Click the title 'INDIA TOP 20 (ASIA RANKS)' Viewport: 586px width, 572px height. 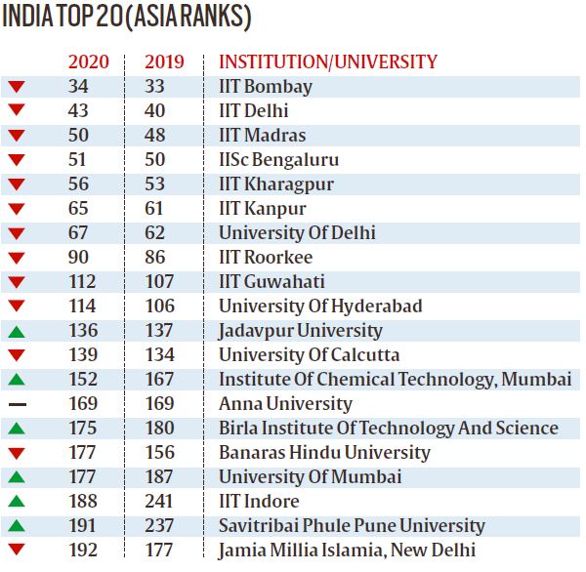126,19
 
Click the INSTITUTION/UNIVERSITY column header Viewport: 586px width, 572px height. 328,61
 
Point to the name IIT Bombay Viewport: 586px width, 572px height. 265,86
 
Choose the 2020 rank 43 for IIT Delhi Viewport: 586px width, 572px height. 78,110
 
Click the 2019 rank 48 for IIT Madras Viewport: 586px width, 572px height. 154,135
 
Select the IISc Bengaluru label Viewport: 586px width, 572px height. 278,159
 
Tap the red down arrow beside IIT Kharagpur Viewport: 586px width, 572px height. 16,184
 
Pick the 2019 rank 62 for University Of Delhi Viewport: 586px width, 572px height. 154,232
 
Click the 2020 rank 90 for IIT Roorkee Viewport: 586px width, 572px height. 78,257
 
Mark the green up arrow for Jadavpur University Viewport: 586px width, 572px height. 16,330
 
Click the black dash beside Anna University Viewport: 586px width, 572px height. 16,404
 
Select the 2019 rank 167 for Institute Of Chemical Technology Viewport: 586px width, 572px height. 159,379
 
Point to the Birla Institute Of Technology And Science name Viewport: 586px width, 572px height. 388,428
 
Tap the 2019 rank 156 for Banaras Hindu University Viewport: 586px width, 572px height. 159,452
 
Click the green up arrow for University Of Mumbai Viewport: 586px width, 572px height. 16,476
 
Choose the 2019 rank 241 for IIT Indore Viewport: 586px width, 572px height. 159,501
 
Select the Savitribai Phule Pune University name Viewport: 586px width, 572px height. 352,525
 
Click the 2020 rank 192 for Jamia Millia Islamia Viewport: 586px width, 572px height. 83,550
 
